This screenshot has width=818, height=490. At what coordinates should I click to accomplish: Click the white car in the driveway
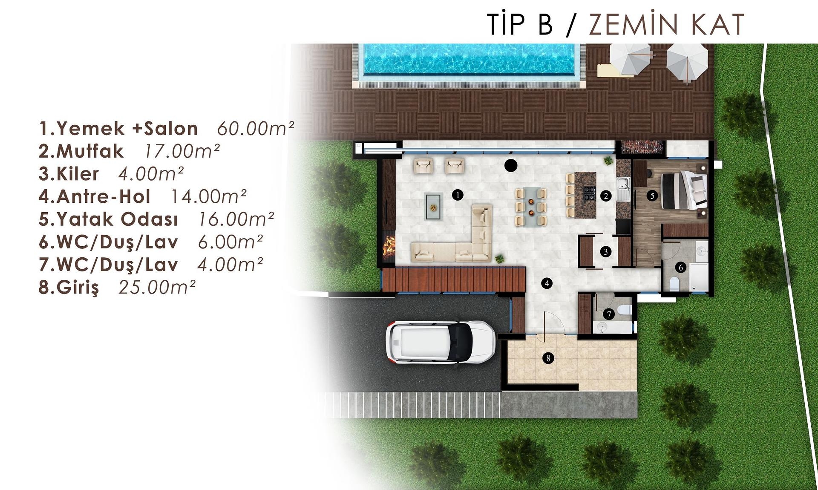(x=441, y=342)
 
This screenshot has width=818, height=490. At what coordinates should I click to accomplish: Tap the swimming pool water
(x=468, y=59)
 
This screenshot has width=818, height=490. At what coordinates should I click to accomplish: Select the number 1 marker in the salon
(x=458, y=195)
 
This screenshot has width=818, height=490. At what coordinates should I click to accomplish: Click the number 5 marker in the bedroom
(x=652, y=196)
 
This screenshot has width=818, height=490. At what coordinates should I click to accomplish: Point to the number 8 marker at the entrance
(x=548, y=358)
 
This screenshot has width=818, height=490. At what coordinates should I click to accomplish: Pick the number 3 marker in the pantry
(x=606, y=251)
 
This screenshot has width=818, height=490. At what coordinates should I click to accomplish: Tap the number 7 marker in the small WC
(x=609, y=314)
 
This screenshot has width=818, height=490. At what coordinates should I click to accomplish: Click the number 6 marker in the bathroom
(x=680, y=268)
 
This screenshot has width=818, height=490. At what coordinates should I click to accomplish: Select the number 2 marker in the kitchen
(x=606, y=196)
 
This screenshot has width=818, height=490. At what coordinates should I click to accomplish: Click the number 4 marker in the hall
(x=547, y=283)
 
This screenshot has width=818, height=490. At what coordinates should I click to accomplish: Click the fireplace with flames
(x=389, y=247)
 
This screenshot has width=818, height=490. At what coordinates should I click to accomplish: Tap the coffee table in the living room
(x=433, y=207)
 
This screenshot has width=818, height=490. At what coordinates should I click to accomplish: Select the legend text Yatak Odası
(x=117, y=219)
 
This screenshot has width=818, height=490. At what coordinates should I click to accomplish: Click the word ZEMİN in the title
(x=636, y=24)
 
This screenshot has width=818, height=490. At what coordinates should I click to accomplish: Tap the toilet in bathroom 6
(x=674, y=284)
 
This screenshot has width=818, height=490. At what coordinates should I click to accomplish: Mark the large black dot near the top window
(x=511, y=165)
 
